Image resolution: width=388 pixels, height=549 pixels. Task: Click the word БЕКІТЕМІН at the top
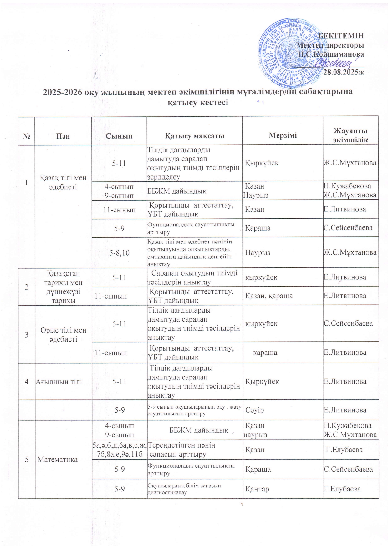pyautogui.click(x=341, y=35)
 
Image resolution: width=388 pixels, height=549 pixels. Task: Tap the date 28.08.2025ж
pyautogui.click(x=344, y=73)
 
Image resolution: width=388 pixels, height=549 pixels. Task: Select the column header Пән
pyautogui.click(x=63, y=136)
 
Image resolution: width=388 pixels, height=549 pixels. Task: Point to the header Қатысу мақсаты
pyautogui.click(x=194, y=136)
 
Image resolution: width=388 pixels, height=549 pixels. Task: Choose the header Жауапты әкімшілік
pyautogui.click(x=350, y=135)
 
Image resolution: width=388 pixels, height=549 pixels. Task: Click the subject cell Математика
pyautogui.click(x=57, y=459)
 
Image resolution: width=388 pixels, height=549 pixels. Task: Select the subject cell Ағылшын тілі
pyautogui.click(x=59, y=381)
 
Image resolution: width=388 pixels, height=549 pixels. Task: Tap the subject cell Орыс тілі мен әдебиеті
pyautogui.click(x=63, y=335)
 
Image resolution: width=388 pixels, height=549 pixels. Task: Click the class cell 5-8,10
pyautogui.click(x=119, y=252)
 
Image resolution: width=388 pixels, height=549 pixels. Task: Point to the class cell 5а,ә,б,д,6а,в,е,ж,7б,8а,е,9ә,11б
pyautogui.click(x=119, y=450)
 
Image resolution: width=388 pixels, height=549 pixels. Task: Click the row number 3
pyautogui.click(x=27, y=335)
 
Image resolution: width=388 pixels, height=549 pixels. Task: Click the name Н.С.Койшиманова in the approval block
pyautogui.click(x=331, y=54)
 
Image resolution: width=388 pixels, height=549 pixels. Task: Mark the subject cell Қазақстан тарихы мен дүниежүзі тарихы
pyautogui.click(x=63, y=287)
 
